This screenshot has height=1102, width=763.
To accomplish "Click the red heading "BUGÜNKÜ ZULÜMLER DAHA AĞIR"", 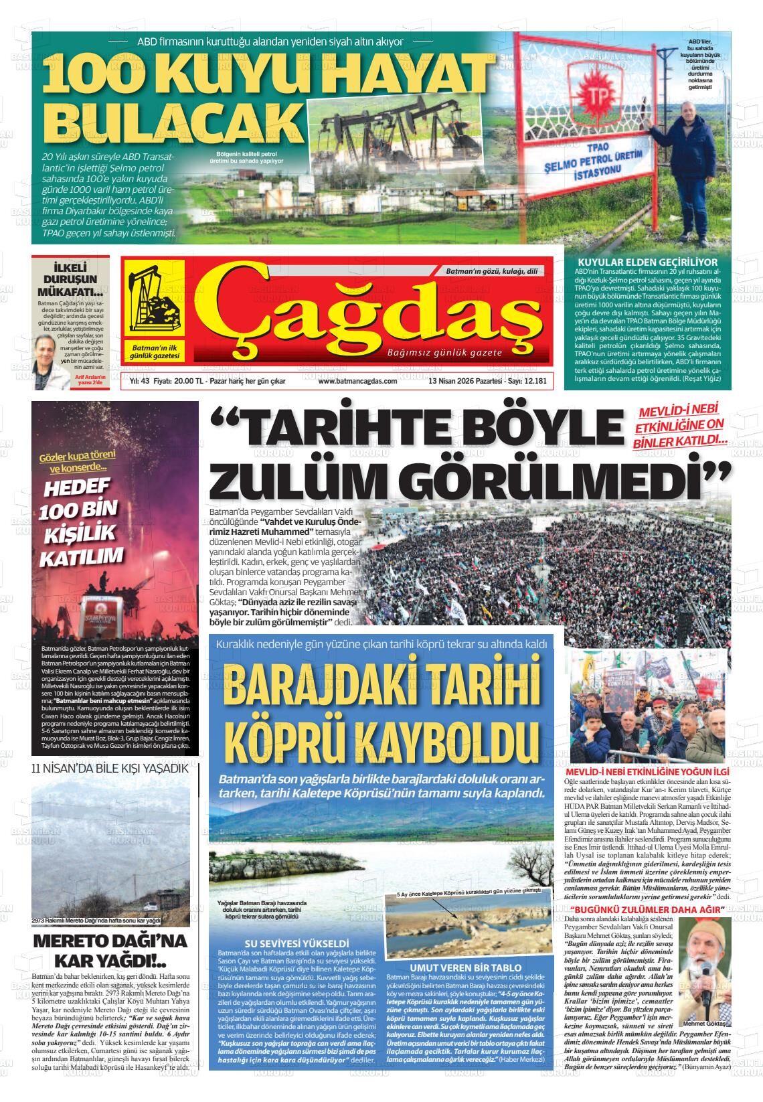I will click(x=647, y=910).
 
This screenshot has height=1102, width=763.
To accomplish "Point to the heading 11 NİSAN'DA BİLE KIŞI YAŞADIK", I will click(x=110, y=768).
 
